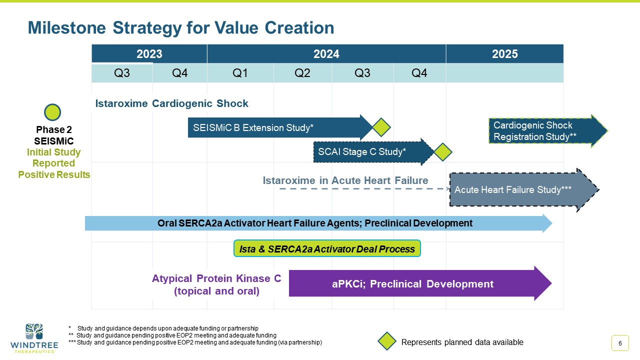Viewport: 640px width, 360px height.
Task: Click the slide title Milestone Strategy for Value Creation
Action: click(181, 28)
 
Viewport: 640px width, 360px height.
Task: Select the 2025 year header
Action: click(504, 54)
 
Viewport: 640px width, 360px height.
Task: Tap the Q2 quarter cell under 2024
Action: click(302, 73)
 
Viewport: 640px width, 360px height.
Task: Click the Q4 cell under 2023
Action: click(179, 73)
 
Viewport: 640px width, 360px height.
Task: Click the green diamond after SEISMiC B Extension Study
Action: click(380, 127)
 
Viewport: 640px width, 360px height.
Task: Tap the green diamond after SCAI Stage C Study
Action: click(442, 152)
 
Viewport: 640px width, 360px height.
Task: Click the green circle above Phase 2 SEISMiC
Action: click(52, 112)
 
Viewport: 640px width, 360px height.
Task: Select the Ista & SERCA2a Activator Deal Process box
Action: click(327, 249)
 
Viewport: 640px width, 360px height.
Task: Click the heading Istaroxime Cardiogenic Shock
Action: click(172, 103)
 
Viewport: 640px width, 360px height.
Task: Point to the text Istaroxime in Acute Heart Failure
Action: click(345, 180)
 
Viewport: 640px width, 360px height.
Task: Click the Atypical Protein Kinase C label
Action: click(216, 284)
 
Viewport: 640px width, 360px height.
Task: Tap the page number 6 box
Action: click(620, 343)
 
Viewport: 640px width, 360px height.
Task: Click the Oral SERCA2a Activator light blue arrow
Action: click(315, 223)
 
